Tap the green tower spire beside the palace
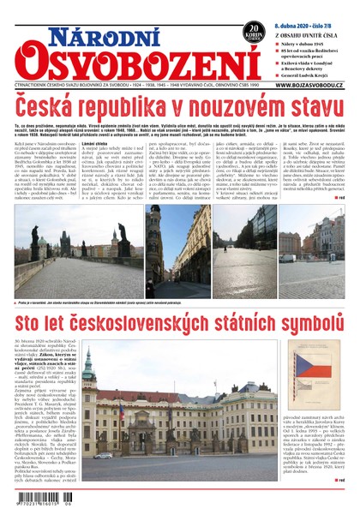pyautogui.click(x=88, y=368)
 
